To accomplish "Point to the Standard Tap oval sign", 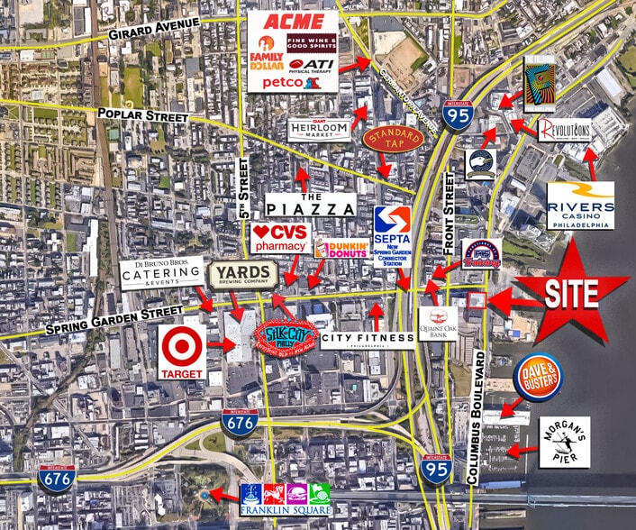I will [x=393, y=139].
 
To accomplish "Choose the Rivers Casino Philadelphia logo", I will [x=581, y=206].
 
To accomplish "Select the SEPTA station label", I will [x=394, y=235].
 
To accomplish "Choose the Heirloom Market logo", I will [x=320, y=130].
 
